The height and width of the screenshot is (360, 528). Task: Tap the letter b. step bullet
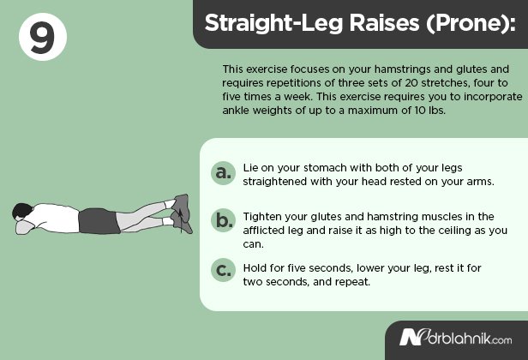click(223, 221)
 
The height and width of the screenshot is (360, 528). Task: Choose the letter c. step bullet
click(223, 270)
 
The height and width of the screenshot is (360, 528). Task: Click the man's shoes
click(180, 213)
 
